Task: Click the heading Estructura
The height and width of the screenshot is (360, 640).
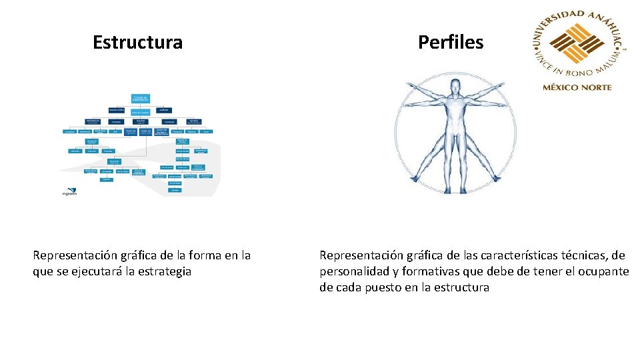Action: point(137,43)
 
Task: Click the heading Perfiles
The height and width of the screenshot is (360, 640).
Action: point(451,43)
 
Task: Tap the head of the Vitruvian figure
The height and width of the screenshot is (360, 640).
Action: point(455,87)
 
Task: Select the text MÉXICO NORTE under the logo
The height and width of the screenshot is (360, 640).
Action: point(577,87)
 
